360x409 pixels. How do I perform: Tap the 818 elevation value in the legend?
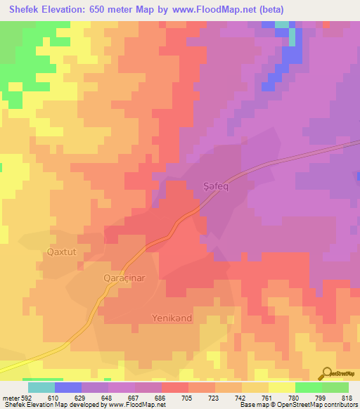pos(335,397)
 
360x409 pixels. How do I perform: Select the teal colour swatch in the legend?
pos(41,387)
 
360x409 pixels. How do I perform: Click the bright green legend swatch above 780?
pos(308,387)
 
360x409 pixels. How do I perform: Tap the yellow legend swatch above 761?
pos(281,387)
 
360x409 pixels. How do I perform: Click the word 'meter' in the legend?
pos(10,397)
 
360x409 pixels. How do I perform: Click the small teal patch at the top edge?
pos(282,24)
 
